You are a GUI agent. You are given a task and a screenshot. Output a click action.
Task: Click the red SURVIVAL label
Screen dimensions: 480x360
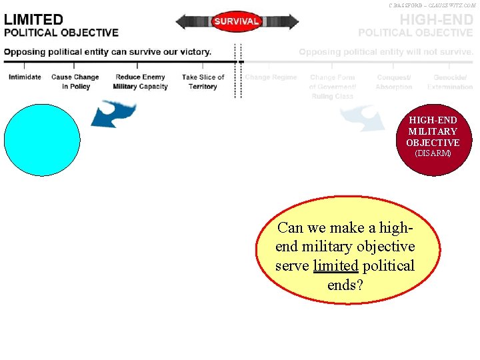tap(236, 21)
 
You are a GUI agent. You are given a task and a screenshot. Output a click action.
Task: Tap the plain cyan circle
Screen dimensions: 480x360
tap(42, 139)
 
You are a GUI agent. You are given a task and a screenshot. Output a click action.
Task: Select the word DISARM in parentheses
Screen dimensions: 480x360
tap(433, 153)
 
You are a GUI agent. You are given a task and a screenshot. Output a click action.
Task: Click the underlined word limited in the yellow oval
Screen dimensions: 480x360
tap(335, 266)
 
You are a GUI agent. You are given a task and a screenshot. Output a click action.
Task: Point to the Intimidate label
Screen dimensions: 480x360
tap(25, 77)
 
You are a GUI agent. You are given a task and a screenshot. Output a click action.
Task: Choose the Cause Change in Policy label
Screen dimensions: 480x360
tap(75, 82)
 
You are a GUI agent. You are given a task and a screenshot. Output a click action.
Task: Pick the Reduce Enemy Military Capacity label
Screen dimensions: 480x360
tap(140, 82)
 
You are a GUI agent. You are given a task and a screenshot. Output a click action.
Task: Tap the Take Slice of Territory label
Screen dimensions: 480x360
tap(203, 82)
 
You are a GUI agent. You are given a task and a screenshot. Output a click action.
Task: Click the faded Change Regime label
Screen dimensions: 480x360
tap(271, 77)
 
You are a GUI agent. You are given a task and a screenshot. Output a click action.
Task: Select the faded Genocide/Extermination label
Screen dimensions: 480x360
tap(450, 82)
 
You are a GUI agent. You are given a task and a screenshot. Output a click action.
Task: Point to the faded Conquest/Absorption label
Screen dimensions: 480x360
tap(393, 82)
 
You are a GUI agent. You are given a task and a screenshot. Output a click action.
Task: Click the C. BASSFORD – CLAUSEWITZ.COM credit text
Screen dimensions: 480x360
tap(432, 5)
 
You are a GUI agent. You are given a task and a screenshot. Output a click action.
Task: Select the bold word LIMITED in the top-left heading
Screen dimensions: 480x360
tap(34, 20)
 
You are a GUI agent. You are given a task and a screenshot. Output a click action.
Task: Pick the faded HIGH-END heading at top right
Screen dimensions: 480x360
tap(436, 20)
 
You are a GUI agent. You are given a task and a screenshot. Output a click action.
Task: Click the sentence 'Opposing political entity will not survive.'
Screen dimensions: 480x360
tap(386, 52)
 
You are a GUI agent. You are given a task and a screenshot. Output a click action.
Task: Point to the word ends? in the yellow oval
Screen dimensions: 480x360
tap(345, 285)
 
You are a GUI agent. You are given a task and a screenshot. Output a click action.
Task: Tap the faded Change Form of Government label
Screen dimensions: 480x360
tap(332, 87)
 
